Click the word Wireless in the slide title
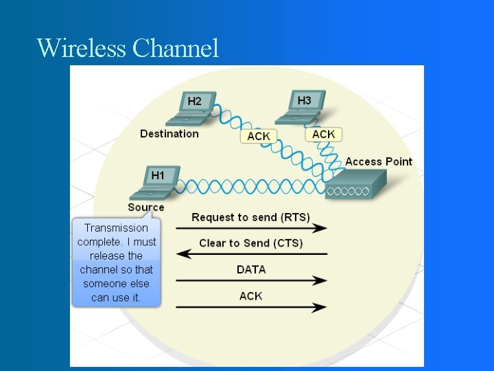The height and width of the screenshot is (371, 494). (82, 48)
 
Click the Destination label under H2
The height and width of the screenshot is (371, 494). (169, 134)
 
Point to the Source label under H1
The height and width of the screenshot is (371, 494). (146, 207)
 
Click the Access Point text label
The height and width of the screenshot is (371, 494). (379, 161)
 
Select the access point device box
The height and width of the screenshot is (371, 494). (355, 184)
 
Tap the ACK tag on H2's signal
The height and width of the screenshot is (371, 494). (258, 136)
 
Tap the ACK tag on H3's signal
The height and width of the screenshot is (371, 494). (324, 134)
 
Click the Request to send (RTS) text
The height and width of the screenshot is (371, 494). (250, 217)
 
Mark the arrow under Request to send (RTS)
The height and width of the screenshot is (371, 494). (251, 228)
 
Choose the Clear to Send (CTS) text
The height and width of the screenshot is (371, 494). (250, 243)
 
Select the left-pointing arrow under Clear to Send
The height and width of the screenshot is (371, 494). (251, 254)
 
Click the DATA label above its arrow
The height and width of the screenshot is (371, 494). (251, 269)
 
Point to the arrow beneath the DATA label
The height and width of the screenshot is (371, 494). (251, 280)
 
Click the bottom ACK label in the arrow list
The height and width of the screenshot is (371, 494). (251, 296)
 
